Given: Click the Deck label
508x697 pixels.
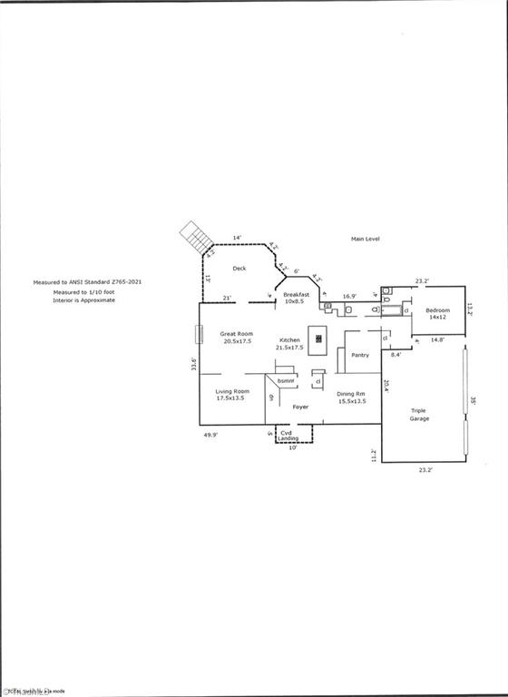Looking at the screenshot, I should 239,268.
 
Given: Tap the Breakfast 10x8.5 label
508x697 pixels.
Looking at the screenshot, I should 297,299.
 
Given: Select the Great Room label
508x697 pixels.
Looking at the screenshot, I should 237,337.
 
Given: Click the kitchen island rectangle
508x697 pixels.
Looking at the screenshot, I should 318,339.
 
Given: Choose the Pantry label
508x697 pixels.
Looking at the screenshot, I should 360,355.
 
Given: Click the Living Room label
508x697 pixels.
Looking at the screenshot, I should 232,395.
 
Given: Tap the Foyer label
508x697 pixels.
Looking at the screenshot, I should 300,407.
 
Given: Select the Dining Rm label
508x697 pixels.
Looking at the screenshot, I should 351,397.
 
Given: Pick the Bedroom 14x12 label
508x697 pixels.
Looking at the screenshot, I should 438,314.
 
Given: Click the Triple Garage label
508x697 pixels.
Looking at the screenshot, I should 419,415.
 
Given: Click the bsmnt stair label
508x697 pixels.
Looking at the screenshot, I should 286,380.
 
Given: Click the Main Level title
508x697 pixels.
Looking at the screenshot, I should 367,239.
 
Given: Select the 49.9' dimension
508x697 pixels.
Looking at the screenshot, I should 210,435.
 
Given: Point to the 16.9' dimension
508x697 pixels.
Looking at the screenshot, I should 349,296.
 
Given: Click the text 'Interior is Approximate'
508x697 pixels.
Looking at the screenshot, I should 83,299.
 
